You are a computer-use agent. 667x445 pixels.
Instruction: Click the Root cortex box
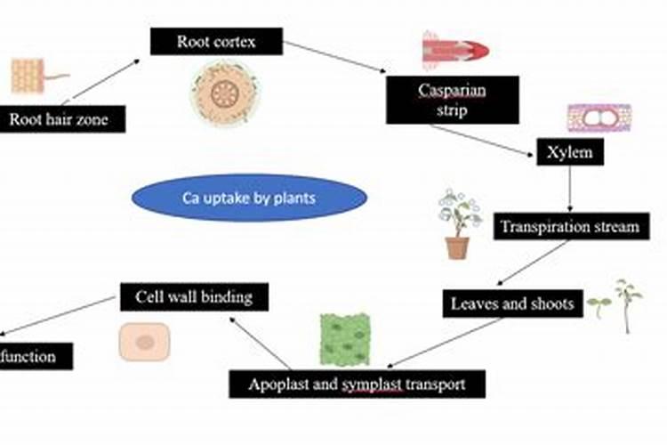click(216, 41)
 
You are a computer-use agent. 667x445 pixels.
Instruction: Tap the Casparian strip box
click(452, 100)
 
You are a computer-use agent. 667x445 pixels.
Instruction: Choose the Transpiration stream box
click(569, 226)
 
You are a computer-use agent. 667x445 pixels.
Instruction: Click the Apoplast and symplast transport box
click(358, 384)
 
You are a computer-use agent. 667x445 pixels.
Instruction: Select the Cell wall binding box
click(194, 295)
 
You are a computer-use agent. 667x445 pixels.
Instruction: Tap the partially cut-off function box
click(31, 357)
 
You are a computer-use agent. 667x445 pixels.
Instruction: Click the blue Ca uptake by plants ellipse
click(249, 198)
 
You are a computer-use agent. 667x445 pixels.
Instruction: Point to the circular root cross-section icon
click(223, 92)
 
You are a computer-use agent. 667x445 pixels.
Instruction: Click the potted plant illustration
click(458, 223)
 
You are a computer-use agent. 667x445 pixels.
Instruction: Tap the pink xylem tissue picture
click(599, 117)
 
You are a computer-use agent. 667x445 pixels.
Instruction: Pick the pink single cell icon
click(144, 342)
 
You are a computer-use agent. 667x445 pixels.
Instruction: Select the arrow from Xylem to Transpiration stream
click(570, 190)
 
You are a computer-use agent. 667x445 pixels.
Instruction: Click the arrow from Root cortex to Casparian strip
click(335, 56)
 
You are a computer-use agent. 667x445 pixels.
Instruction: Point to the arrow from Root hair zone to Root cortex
click(104, 80)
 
